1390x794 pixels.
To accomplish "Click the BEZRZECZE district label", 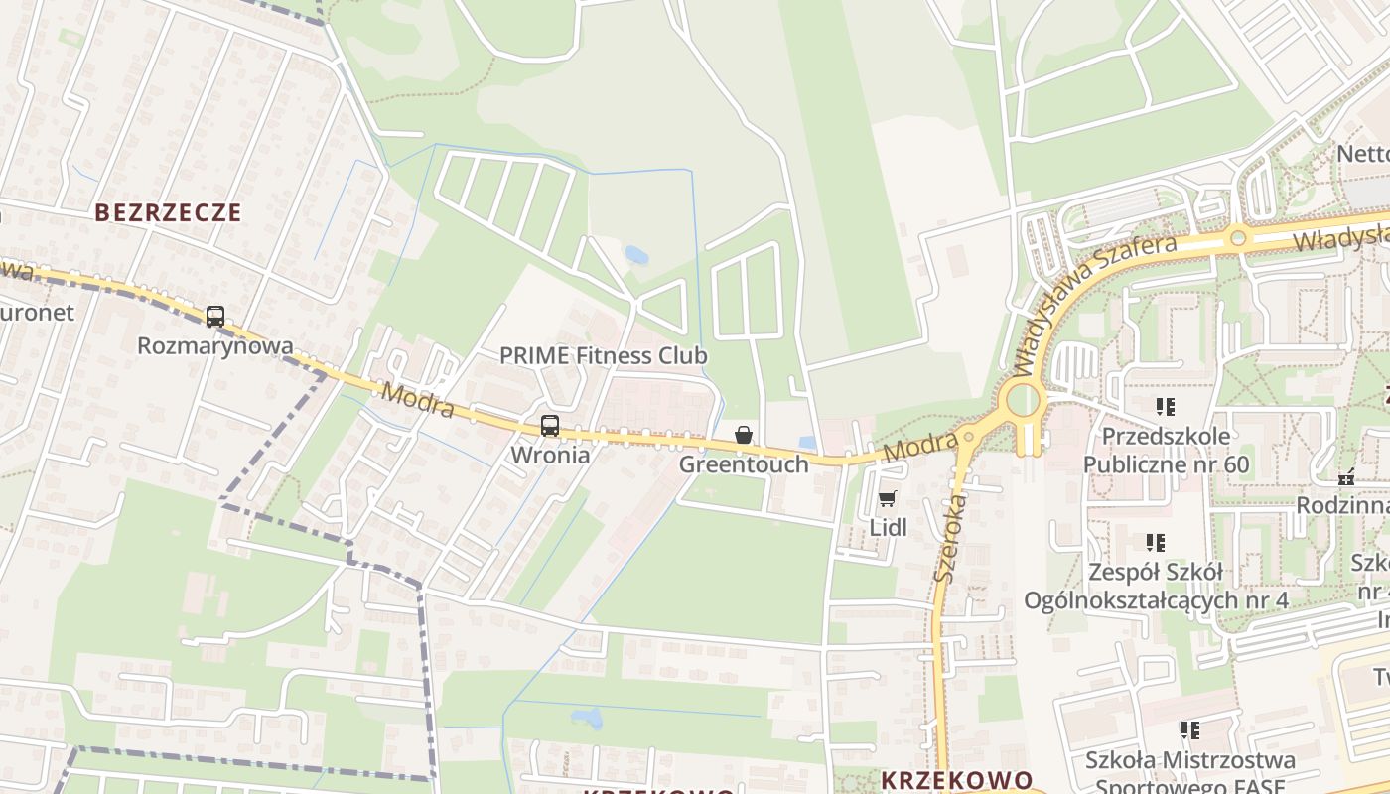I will click(168, 212).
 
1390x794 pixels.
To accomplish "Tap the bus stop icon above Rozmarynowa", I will click(215, 317).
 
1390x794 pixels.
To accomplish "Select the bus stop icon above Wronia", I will click(550, 426).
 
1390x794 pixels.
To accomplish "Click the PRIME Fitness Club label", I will click(603, 355).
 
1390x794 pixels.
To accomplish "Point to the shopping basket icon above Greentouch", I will click(744, 435).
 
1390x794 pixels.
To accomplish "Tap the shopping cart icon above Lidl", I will click(888, 498).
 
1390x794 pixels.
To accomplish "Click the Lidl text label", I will click(889, 527).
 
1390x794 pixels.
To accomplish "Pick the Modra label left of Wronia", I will click(418, 400).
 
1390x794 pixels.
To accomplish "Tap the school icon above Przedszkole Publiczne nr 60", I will click(1165, 406).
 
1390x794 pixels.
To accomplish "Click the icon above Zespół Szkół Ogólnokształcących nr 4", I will click(1155, 542).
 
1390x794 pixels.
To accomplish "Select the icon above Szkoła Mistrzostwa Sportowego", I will click(1189, 730).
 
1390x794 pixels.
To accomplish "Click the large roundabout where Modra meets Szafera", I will click(1023, 402).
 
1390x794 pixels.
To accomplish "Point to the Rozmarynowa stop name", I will click(215, 345).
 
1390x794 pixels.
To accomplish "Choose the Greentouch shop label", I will click(744, 463).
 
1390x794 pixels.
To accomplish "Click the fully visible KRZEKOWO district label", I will click(956, 780).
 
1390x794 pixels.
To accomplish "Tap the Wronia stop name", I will click(550, 455).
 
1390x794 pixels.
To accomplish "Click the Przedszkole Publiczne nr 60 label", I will click(1166, 450).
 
